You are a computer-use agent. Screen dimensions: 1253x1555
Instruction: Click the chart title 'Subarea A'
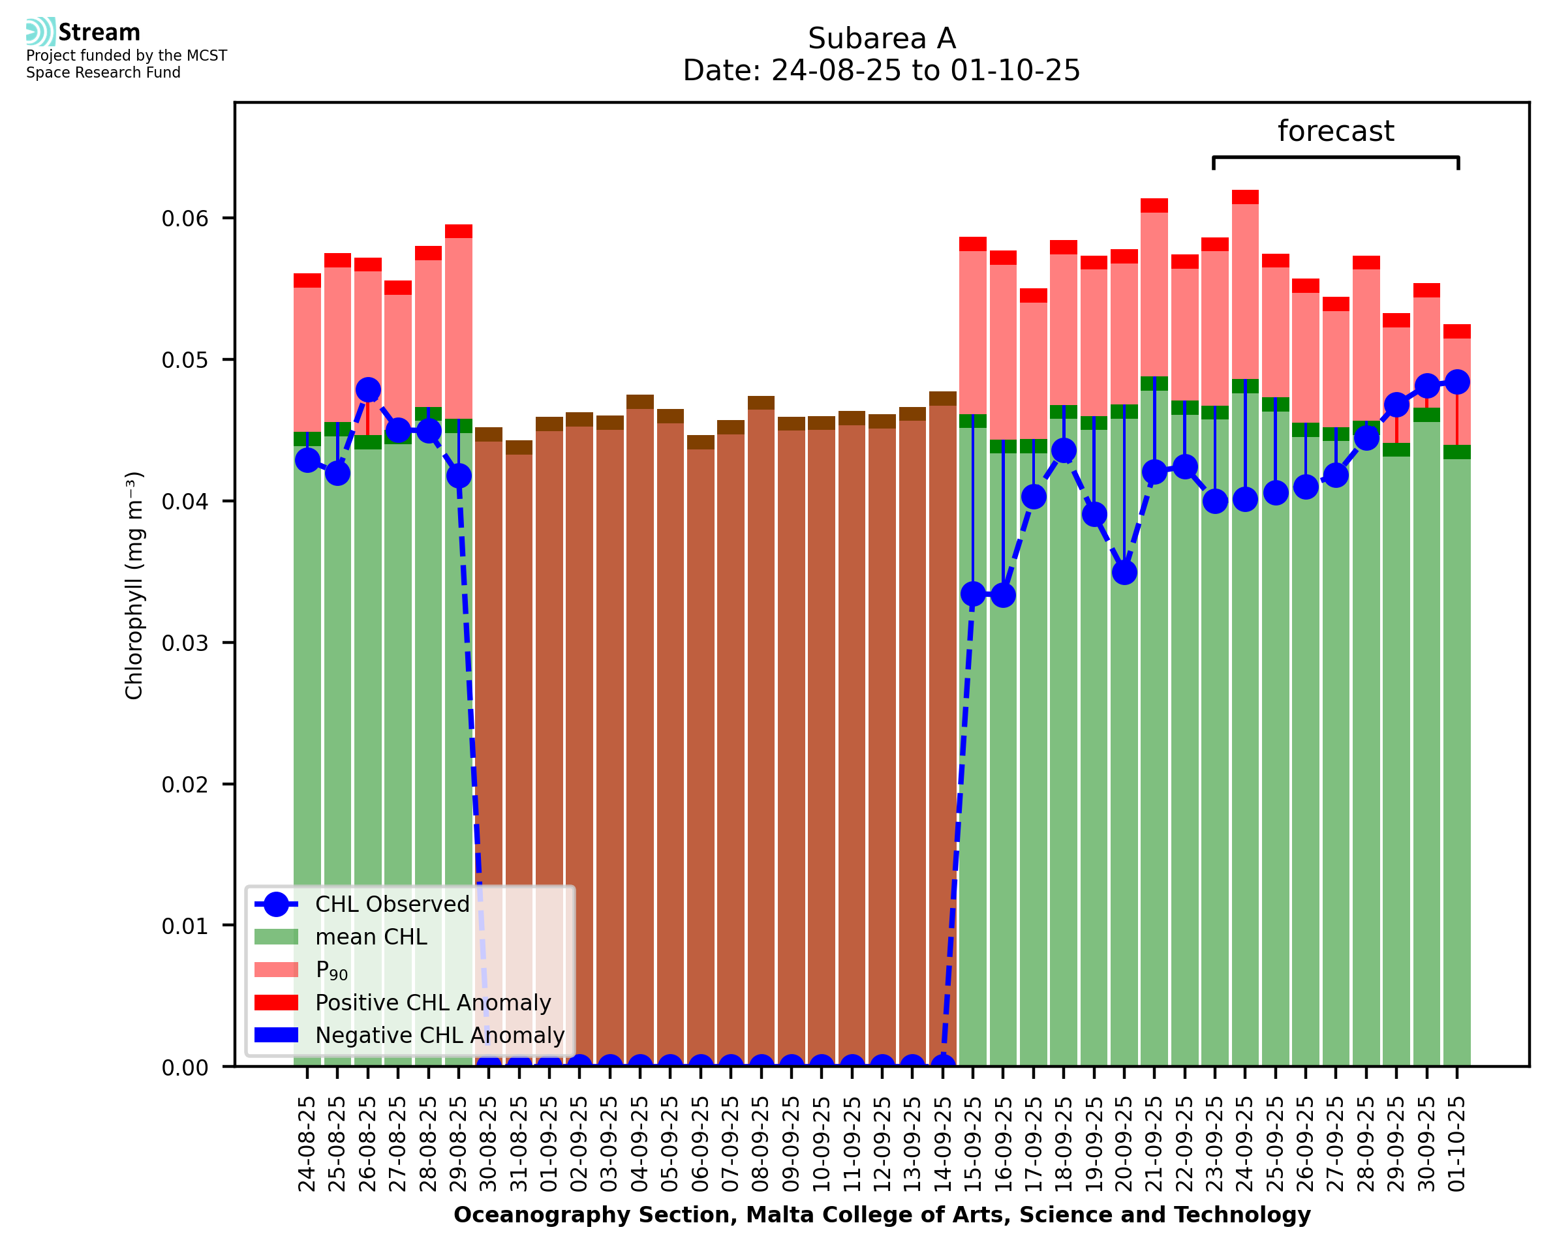tap(882, 38)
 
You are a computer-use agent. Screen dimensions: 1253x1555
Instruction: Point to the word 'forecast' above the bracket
tap(1336, 131)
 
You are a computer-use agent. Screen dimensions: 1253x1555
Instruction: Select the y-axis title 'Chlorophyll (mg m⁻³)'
tap(134, 585)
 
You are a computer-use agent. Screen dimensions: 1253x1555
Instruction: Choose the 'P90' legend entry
tap(331, 970)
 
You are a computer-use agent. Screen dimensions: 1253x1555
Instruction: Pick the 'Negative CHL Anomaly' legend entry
tap(440, 1035)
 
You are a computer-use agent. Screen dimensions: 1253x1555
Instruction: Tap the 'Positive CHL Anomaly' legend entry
tap(433, 1003)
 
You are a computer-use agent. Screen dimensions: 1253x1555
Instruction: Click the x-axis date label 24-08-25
tap(307, 1144)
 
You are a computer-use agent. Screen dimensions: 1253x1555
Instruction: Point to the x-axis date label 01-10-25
tap(1457, 1144)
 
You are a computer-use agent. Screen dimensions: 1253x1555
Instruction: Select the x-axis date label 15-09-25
tap(973, 1144)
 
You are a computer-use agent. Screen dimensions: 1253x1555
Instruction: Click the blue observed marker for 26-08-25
tap(368, 390)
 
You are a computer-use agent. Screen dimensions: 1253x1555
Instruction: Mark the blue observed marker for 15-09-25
tap(973, 594)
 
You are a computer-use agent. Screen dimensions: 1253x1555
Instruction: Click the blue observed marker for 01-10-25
tap(1457, 382)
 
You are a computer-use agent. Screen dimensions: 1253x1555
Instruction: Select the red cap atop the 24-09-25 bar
tap(1245, 197)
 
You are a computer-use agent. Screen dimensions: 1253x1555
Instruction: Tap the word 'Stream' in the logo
tap(99, 33)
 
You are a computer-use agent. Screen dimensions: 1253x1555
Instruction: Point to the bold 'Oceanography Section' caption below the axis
tap(595, 1215)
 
